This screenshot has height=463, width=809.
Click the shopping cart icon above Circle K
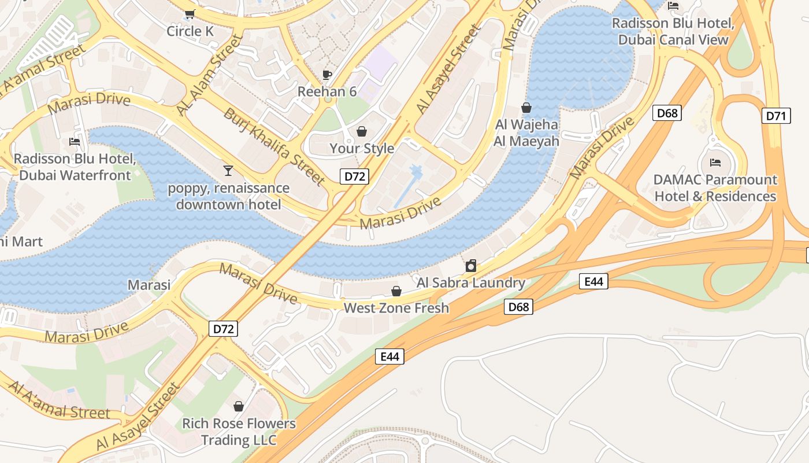[x=190, y=14]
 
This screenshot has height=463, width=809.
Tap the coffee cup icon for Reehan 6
[x=327, y=75]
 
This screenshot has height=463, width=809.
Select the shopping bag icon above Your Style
[x=362, y=131]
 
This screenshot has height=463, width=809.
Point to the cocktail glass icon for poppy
[x=228, y=171]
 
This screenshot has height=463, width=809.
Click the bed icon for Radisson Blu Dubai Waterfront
[x=75, y=141]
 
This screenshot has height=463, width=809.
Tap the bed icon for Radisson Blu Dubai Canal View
[x=673, y=6]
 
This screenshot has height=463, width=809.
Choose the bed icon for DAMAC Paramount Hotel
[x=715, y=163]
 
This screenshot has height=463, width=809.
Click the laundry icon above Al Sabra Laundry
[x=471, y=266]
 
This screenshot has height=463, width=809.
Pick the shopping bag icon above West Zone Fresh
[x=396, y=291]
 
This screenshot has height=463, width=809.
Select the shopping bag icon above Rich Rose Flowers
[x=239, y=406]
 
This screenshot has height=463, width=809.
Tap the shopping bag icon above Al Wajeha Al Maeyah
[x=526, y=108]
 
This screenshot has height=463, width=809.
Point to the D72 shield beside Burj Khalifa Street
[x=354, y=177]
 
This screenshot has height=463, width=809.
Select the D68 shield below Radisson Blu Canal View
[x=667, y=113]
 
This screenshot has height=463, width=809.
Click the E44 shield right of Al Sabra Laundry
[x=593, y=282]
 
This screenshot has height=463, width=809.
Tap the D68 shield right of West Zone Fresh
[x=518, y=307]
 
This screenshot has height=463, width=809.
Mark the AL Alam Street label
[x=209, y=75]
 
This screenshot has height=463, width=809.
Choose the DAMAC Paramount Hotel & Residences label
[x=715, y=188]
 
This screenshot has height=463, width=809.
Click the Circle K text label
[x=190, y=31]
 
